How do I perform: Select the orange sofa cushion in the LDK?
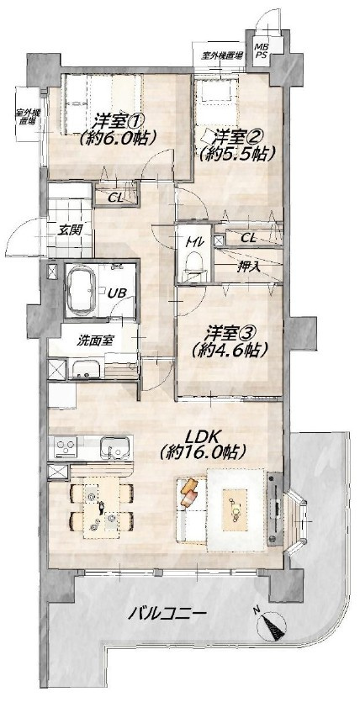[x=190, y=488]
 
